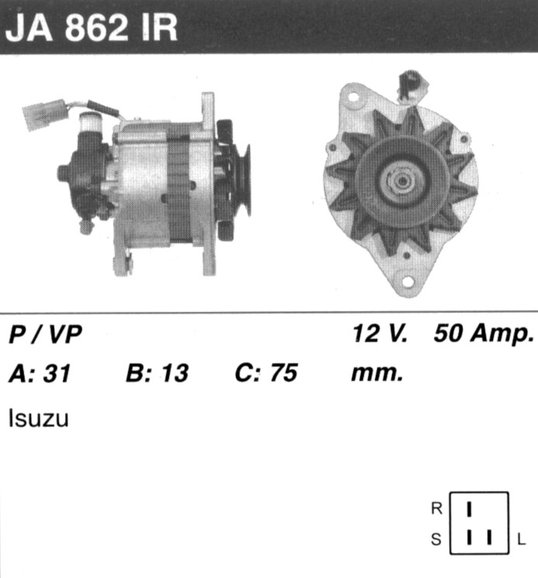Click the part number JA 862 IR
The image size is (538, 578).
point(92,28)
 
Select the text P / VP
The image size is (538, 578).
point(45,334)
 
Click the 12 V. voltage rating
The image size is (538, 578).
point(380,334)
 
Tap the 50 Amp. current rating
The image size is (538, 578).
point(484,334)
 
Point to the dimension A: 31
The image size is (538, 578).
point(40,373)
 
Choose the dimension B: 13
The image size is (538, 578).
point(157,372)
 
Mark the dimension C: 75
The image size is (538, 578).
point(266,372)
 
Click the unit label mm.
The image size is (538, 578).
point(377,374)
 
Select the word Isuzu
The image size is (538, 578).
point(38,418)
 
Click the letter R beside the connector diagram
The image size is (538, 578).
point(436,509)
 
